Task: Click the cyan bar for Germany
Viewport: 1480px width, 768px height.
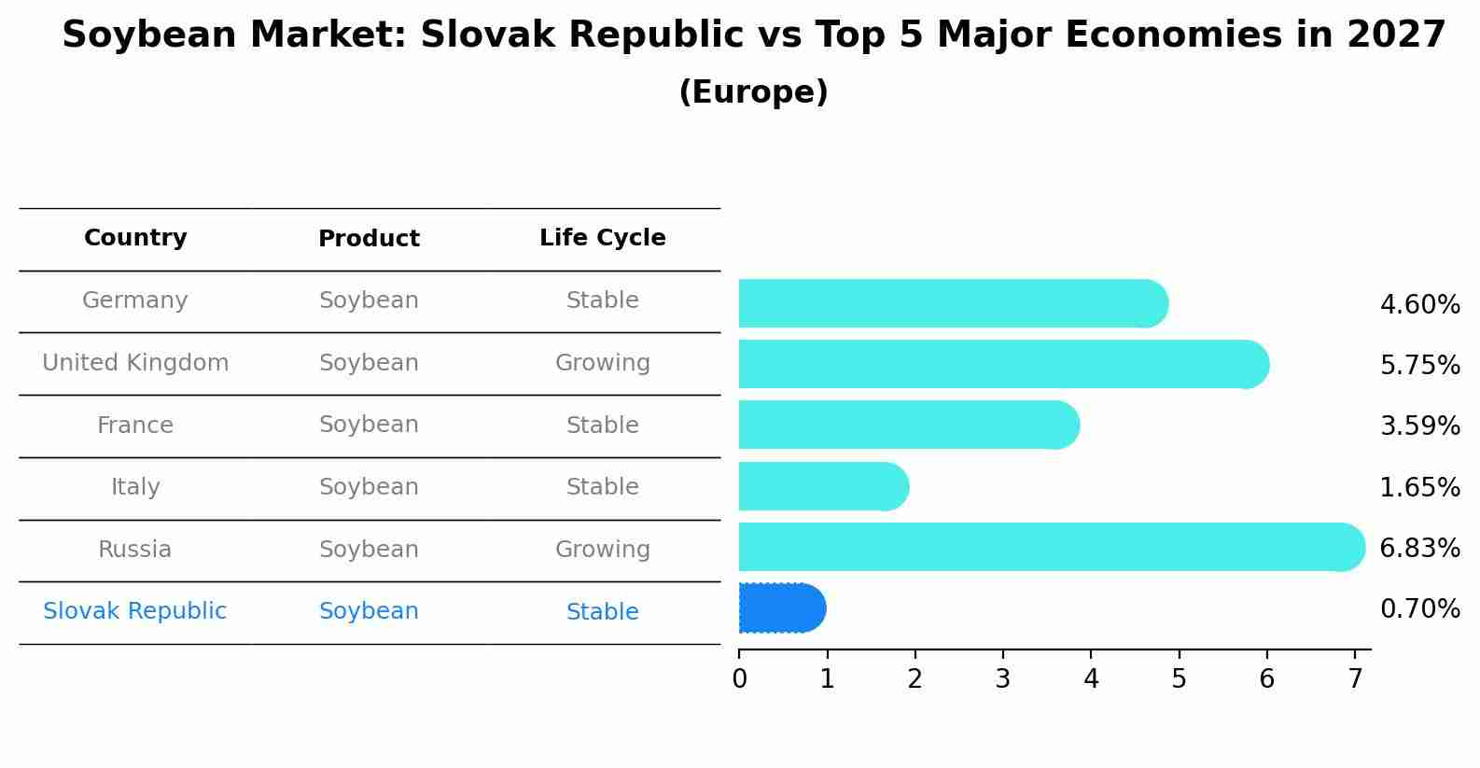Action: point(954,303)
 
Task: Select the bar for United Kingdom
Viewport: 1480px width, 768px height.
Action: point(1004,364)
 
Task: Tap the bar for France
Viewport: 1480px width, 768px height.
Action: point(909,425)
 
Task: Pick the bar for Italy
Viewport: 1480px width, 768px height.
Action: point(824,486)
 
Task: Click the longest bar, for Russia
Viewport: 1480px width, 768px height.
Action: point(1052,547)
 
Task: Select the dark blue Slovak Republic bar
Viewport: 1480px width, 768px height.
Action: point(782,608)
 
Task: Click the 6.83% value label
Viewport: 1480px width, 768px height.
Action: point(1420,548)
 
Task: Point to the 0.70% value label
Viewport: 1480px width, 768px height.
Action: point(1420,608)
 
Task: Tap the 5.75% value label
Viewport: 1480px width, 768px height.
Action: point(1420,365)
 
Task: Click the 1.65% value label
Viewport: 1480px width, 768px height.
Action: point(1420,487)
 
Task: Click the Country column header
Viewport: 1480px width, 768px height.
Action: point(135,237)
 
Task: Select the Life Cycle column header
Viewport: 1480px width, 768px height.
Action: point(603,237)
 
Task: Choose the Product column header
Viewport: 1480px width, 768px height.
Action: point(369,238)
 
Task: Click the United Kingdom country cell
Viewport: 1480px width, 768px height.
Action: point(135,363)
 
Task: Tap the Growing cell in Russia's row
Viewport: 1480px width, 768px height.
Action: point(603,550)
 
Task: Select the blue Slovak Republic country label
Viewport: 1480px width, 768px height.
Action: point(134,610)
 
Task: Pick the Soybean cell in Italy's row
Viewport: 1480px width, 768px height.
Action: point(369,487)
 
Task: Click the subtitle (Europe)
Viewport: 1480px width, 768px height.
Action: point(753,91)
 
